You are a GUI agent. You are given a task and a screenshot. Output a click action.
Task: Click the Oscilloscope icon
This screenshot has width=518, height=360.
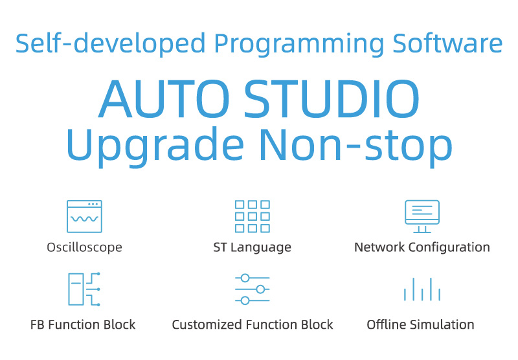tap(84, 201)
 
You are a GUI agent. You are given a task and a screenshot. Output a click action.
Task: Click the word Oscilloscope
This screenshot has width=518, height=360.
tap(85, 247)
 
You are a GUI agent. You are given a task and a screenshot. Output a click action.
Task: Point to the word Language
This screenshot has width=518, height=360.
tap(261, 247)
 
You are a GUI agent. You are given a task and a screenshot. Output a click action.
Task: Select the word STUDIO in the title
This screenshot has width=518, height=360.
tap(332, 99)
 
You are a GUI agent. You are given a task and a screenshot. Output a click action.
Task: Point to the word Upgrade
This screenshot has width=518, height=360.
tap(155, 146)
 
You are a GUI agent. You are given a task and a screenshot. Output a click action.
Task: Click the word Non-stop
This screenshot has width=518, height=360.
tap(355, 146)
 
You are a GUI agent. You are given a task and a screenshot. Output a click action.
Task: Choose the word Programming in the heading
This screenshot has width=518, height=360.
tap(299, 44)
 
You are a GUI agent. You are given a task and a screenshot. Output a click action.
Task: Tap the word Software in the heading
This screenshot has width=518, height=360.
tap(447, 43)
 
